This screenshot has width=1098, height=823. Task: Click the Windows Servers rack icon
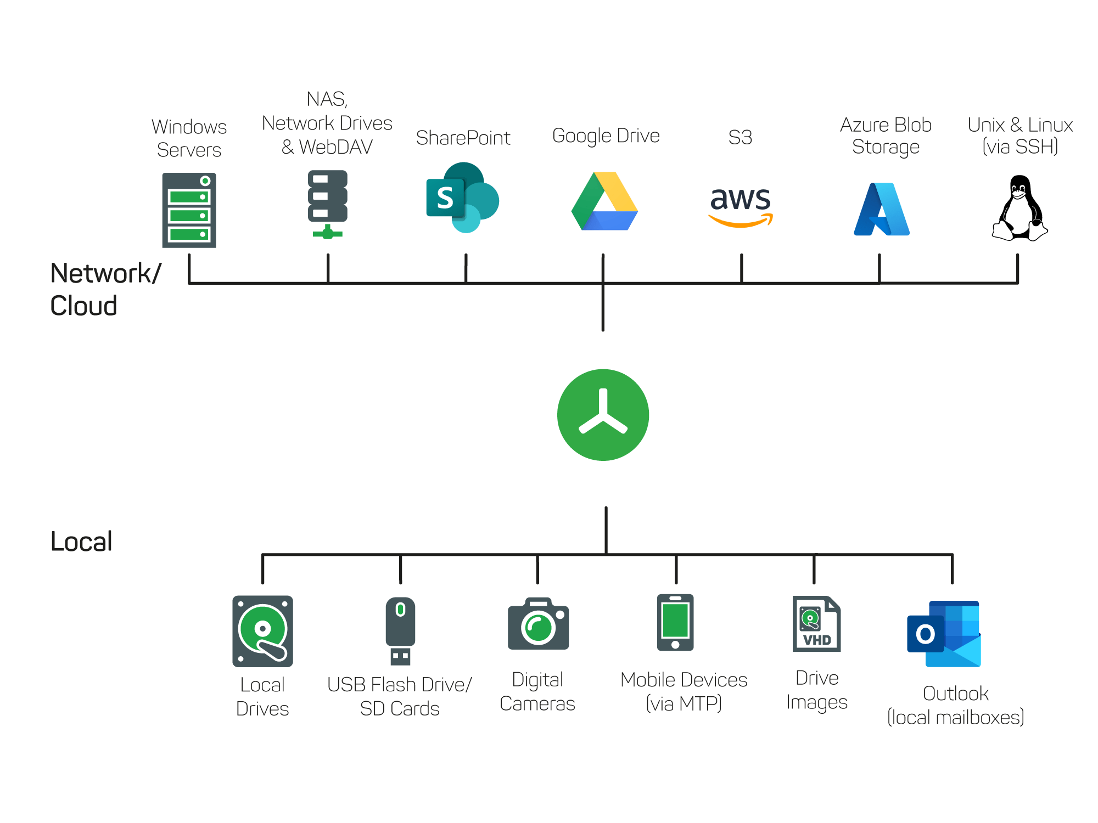(x=189, y=210)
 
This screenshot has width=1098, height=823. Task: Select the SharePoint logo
(x=462, y=198)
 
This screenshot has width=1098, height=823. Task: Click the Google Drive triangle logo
(x=604, y=202)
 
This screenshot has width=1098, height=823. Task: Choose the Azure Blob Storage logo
(x=882, y=210)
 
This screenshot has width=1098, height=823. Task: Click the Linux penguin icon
(x=1019, y=208)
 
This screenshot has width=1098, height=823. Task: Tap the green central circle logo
(x=603, y=415)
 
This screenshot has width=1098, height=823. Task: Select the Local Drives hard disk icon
(x=262, y=631)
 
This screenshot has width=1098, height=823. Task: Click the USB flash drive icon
(x=400, y=631)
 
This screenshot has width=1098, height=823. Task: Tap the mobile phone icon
(x=675, y=622)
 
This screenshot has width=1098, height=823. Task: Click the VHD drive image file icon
(x=816, y=624)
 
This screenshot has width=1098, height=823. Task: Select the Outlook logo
(x=944, y=634)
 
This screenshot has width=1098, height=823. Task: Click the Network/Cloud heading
(x=104, y=289)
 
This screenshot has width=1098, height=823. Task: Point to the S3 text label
(x=740, y=137)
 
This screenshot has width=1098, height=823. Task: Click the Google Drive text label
(x=606, y=136)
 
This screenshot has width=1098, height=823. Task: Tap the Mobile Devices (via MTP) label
(x=684, y=691)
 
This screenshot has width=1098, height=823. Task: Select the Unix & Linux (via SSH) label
(x=1019, y=136)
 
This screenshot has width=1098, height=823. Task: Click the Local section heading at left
(x=81, y=542)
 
